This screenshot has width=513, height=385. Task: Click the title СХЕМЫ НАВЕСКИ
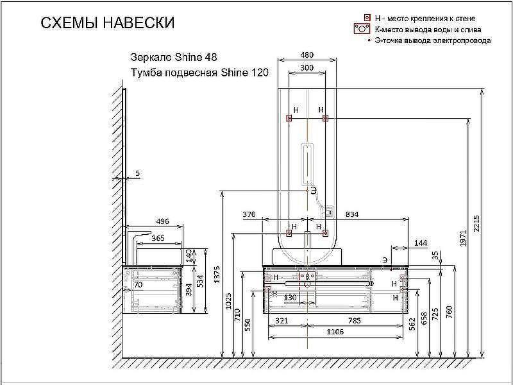(x=107, y=24)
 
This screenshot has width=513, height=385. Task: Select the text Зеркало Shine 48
(x=169, y=56)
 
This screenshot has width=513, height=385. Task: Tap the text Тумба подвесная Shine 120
(x=199, y=73)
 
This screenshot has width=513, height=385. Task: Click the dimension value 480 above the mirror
(x=308, y=55)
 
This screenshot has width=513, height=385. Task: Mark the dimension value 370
(x=249, y=214)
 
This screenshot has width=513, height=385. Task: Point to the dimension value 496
(x=162, y=222)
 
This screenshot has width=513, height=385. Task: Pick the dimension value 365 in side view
(x=157, y=238)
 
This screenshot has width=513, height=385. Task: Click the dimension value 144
(x=420, y=243)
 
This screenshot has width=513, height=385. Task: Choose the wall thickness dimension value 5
(x=137, y=174)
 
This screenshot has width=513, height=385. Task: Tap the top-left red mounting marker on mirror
(x=289, y=118)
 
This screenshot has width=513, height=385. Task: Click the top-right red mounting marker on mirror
(x=326, y=118)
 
